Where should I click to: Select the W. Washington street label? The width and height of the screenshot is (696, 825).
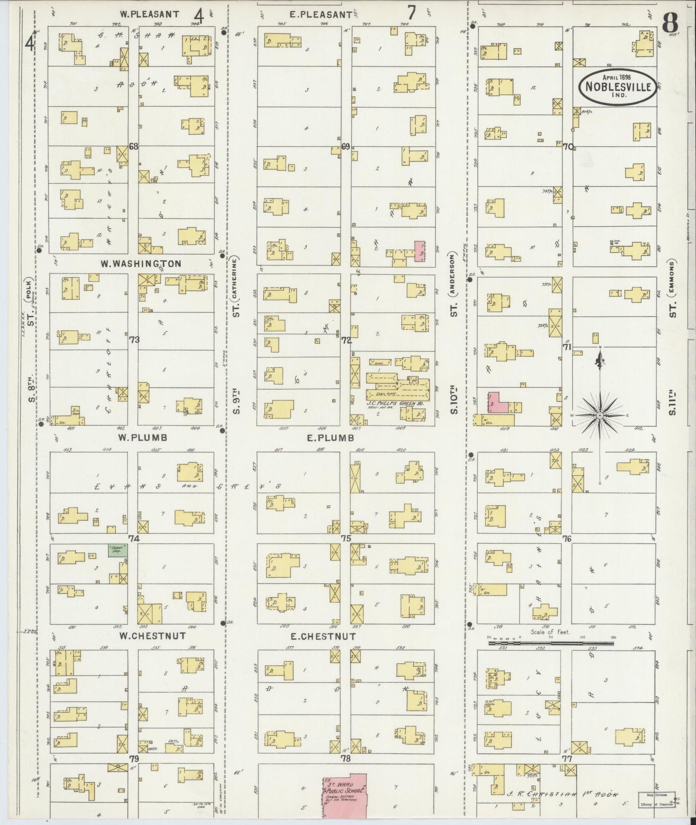[141, 264]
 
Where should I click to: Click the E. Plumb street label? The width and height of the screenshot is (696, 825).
[330, 438]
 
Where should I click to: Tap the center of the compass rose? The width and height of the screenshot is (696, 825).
[600, 415]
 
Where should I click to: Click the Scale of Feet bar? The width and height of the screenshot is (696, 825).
[552, 643]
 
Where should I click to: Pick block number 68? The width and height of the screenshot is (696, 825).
[133, 146]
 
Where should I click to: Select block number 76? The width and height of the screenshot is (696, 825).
[567, 539]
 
